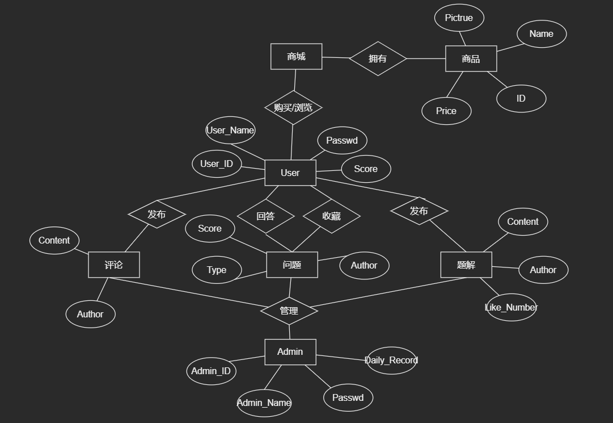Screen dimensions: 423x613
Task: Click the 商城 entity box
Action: point(296,57)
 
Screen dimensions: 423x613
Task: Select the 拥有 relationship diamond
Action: point(378,58)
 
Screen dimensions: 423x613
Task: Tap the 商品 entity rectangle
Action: point(471,59)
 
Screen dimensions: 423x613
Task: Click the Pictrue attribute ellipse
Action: point(459,18)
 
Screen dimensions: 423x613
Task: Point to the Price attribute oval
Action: point(446,111)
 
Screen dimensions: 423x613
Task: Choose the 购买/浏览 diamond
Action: point(293,107)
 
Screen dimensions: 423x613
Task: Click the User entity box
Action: point(290,173)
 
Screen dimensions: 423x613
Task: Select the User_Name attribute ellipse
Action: point(230,130)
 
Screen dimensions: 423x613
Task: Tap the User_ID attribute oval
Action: point(217,164)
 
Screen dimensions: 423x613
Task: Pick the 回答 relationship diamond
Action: point(265,216)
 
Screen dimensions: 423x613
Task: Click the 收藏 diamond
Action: point(331,216)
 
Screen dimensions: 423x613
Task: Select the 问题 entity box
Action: point(291,265)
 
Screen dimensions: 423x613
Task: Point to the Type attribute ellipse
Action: point(217,270)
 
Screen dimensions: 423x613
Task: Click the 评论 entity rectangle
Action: point(113,265)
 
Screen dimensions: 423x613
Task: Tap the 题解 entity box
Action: point(466,265)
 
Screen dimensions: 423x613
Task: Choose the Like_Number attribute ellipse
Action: point(511,308)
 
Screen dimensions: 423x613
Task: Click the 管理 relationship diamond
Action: point(289,311)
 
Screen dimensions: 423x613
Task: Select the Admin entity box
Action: point(290,352)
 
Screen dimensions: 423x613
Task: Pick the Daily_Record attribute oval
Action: point(391,361)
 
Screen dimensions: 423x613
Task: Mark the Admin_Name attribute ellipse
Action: point(264,403)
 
